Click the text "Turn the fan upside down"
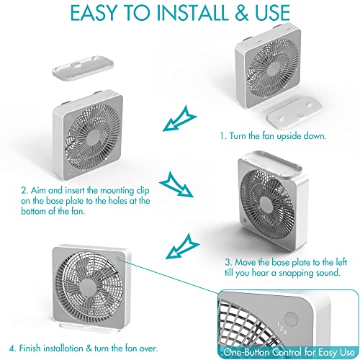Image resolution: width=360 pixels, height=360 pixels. [x=274, y=135]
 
